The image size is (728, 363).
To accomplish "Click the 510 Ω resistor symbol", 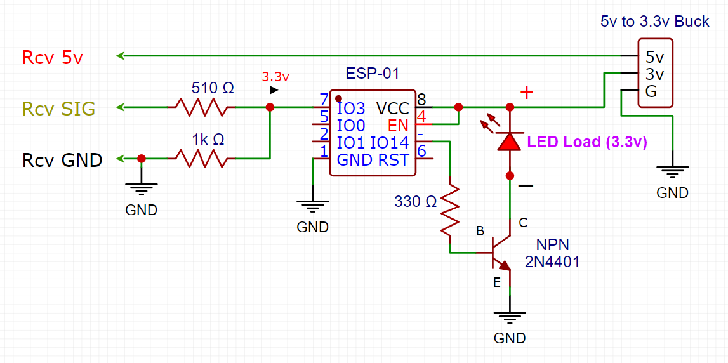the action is tap(201, 108).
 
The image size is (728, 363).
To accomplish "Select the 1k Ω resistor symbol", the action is tap(201, 159).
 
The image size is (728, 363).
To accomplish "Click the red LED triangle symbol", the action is tap(510, 141).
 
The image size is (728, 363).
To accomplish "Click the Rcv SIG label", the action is tap(58, 109).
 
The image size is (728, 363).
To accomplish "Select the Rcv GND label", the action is tap(62, 160).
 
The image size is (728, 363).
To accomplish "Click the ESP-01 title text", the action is tap(373, 74).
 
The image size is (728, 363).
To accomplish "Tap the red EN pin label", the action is tap(399, 125).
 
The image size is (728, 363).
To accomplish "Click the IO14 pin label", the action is tap(389, 143).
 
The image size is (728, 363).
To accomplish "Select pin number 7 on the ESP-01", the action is tap(324, 100).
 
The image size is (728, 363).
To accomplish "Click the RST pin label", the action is tap(394, 160).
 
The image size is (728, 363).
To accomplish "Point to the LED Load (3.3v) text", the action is tap(586, 143).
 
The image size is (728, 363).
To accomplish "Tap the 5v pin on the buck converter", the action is tap(654, 58).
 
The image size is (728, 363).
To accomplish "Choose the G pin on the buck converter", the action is tap(651, 92).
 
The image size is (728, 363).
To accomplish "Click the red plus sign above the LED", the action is tap(526, 93).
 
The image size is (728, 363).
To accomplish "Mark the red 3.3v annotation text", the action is tap(275, 77).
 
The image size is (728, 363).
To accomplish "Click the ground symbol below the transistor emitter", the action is tap(510, 318).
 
